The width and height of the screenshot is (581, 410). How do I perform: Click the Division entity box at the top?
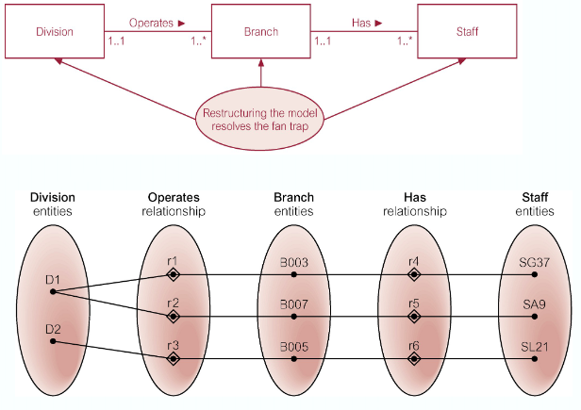[x=55, y=31]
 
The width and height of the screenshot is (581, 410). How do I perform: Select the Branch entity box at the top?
[x=260, y=31]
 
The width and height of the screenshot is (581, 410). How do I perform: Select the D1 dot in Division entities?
[x=52, y=291]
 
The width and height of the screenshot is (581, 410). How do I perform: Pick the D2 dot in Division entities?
[x=52, y=341]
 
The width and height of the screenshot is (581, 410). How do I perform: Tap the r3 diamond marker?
[x=173, y=358]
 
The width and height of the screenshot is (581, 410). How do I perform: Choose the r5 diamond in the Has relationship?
[x=413, y=317]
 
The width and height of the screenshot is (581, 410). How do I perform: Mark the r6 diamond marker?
[x=413, y=358]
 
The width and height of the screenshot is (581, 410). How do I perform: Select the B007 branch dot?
[x=293, y=317]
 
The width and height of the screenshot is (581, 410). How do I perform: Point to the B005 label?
[x=293, y=346]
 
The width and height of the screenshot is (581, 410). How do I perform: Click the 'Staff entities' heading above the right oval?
[x=534, y=205]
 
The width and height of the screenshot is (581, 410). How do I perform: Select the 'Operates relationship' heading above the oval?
[x=173, y=205]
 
